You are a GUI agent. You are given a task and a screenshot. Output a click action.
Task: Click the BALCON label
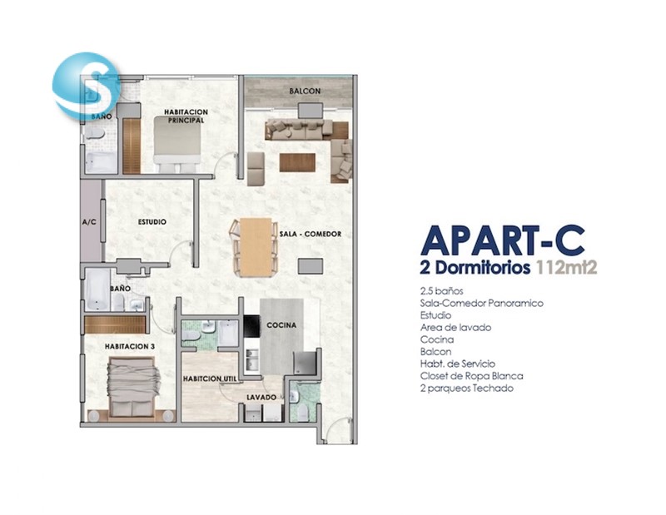(305, 91)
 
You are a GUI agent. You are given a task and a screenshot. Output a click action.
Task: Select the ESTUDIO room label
(152, 222)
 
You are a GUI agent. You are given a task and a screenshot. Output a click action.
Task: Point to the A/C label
(89, 222)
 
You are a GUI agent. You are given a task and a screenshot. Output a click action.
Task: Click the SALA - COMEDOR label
(311, 234)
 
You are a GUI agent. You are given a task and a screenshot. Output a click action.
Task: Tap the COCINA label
(281, 325)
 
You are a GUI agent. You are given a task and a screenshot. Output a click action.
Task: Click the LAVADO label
(261, 398)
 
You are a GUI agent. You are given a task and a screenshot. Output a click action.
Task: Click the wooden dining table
(256, 247)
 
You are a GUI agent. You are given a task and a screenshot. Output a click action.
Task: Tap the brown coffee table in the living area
(297, 162)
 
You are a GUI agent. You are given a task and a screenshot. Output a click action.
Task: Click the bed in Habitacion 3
(133, 387)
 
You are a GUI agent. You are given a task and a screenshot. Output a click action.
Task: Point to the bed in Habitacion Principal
(177, 141)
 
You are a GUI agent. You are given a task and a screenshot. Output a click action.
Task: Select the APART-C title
(503, 240)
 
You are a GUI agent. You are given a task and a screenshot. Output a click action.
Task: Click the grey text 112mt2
(567, 268)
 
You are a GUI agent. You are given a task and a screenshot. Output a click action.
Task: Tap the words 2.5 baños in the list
(441, 291)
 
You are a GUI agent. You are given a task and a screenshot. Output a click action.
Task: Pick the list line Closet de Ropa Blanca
(471, 376)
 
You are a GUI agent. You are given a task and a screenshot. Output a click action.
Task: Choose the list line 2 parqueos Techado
(467, 389)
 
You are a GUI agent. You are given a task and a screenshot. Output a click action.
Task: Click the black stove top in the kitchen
(252, 326)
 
